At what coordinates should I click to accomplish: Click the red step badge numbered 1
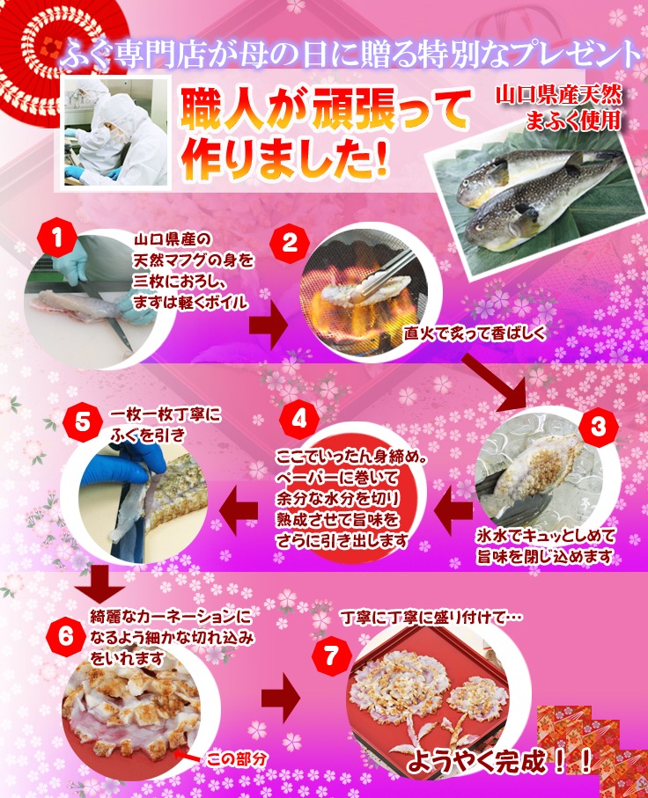(x=57, y=238)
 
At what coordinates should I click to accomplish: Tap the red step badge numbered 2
(x=289, y=243)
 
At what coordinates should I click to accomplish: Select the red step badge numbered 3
(x=598, y=427)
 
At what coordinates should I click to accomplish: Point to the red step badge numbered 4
(x=299, y=420)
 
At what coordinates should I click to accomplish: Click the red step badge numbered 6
(x=64, y=636)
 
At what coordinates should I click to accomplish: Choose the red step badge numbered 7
(x=332, y=655)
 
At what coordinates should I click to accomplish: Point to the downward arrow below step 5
(x=100, y=583)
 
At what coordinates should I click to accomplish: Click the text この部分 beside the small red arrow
(x=236, y=760)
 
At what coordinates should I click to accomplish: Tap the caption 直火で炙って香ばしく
(x=475, y=333)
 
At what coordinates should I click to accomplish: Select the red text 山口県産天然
(x=559, y=95)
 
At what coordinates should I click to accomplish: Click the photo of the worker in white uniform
(x=115, y=132)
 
